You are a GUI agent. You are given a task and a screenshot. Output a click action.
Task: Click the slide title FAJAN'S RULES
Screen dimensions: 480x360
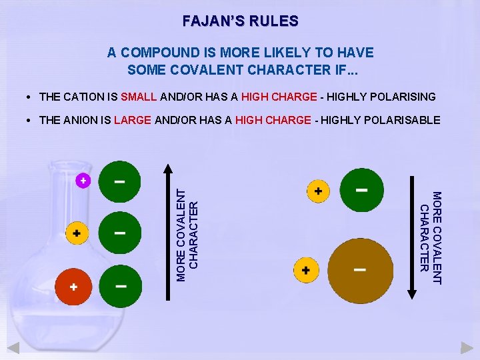pos(240,21)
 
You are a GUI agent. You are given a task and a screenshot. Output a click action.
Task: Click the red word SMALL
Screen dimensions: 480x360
pos(139,97)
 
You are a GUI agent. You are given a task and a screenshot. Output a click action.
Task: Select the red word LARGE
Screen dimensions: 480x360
pos(133,120)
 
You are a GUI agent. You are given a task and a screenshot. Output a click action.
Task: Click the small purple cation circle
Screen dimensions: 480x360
pos(83,180)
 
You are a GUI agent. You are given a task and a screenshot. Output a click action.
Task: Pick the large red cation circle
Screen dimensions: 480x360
pos(74,287)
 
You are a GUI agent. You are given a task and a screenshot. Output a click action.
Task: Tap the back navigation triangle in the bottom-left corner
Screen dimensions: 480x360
pos(13,347)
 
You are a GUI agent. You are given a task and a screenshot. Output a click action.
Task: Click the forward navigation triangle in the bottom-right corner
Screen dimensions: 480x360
pos(467,347)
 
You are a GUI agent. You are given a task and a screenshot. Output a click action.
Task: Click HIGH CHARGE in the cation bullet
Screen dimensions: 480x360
pos(279,97)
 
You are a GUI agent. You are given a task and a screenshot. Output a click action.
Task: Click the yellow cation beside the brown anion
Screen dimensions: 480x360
pos(306,270)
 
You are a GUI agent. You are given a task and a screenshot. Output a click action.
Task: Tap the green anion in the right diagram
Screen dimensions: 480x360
pos(362,190)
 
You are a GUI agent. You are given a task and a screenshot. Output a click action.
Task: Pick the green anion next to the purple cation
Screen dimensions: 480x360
pos(119,181)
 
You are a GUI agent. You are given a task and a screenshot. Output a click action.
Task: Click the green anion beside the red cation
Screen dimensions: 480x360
pos(121,286)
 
